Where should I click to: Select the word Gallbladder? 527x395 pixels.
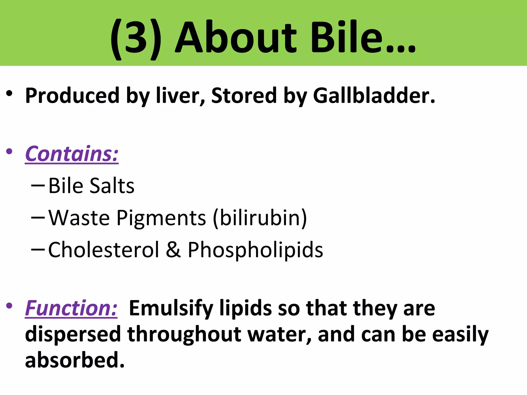[x=374, y=96]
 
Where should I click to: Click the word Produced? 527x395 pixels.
[x=72, y=96]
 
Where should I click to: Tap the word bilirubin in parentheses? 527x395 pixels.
[x=260, y=218]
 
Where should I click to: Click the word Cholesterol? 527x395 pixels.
[x=104, y=250]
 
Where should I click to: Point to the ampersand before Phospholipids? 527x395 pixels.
[x=173, y=250]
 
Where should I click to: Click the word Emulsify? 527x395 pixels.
[x=171, y=309]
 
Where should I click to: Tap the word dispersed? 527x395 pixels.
[x=73, y=334]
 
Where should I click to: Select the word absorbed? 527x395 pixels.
[x=75, y=360]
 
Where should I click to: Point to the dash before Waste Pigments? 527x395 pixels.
[x=38, y=218]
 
